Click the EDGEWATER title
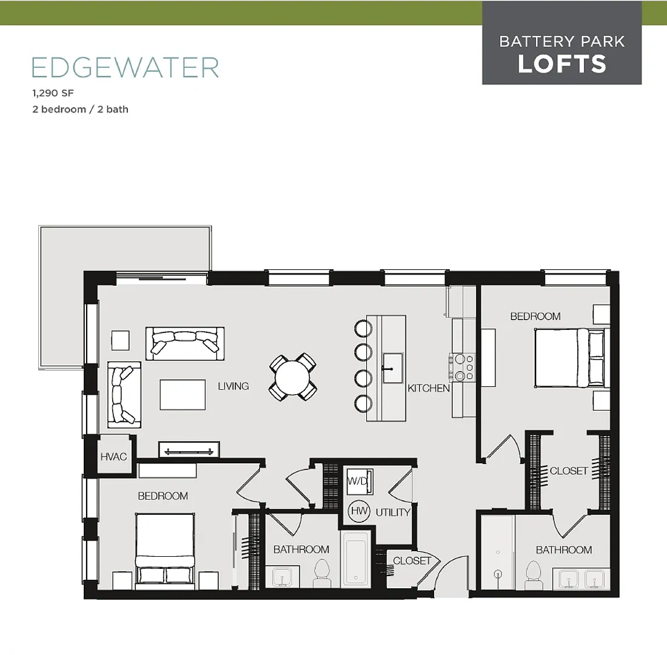[125, 67]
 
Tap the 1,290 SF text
[53, 93]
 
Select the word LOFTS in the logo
[562, 64]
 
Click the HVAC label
[113, 457]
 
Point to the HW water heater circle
[359, 511]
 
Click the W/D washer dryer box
[360, 482]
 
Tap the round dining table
[292, 377]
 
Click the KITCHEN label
[428, 388]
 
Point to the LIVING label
[233, 386]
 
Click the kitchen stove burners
[463, 368]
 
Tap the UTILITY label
[393, 512]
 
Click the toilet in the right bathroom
[532, 574]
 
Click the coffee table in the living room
[183, 395]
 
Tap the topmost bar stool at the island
[363, 328]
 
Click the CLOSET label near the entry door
[412, 560]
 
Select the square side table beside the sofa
[121, 340]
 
